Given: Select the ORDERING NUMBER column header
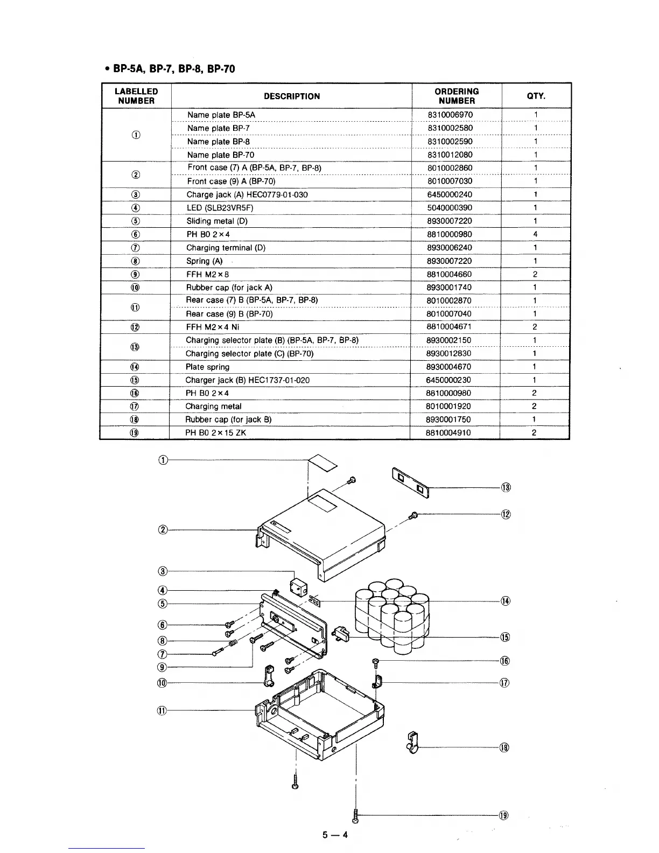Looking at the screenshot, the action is pyautogui.click(x=456, y=96).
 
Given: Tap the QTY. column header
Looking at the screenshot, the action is pyautogui.click(x=536, y=96).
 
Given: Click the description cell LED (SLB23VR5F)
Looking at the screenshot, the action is pyautogui.click(x=220, y=208).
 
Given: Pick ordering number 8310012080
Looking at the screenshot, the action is pyautogui.click(x=450, y=155).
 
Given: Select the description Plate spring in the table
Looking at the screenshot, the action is pyautogui.click(x=207, y=367).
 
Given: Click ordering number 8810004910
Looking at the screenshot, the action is pyautogui.click(x=448, y=432).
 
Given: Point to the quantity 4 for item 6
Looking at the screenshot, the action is pyautogui.click(x=535, y=234).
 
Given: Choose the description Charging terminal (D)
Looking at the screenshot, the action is pyautogui.click(x=226, y=248).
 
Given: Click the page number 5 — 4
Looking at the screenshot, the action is pyautogui.click(x=335, y=835).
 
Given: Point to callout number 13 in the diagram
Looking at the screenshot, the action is pyautogui.click(x=506, y=488).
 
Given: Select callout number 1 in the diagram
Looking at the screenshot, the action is pyautogui.click(x=164, y=459).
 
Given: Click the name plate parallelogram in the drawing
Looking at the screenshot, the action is pyautogui.click(x=322, y=462).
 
